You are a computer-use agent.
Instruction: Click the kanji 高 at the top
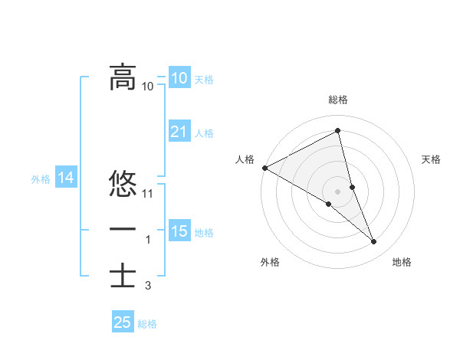123,77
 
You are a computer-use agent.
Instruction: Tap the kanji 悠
123,185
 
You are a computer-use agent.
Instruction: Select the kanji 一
123,230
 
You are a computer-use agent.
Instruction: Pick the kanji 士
123,275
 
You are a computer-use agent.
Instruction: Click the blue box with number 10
179,78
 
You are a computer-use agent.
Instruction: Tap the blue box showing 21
179,132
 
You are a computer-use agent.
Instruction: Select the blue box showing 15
179,231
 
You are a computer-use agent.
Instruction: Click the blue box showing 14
65,178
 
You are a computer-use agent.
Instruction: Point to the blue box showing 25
122,322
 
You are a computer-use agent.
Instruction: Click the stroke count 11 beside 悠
149,194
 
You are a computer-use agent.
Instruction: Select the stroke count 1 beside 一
148,240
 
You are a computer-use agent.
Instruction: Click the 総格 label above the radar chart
338,100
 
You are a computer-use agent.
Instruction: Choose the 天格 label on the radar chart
432,159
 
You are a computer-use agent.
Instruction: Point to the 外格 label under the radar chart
269,263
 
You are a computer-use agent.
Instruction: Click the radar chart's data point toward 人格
264,167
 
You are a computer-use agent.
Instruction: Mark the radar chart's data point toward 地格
374,242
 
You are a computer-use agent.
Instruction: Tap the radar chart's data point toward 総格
338,131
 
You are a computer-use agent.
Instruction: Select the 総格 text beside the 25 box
147,324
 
